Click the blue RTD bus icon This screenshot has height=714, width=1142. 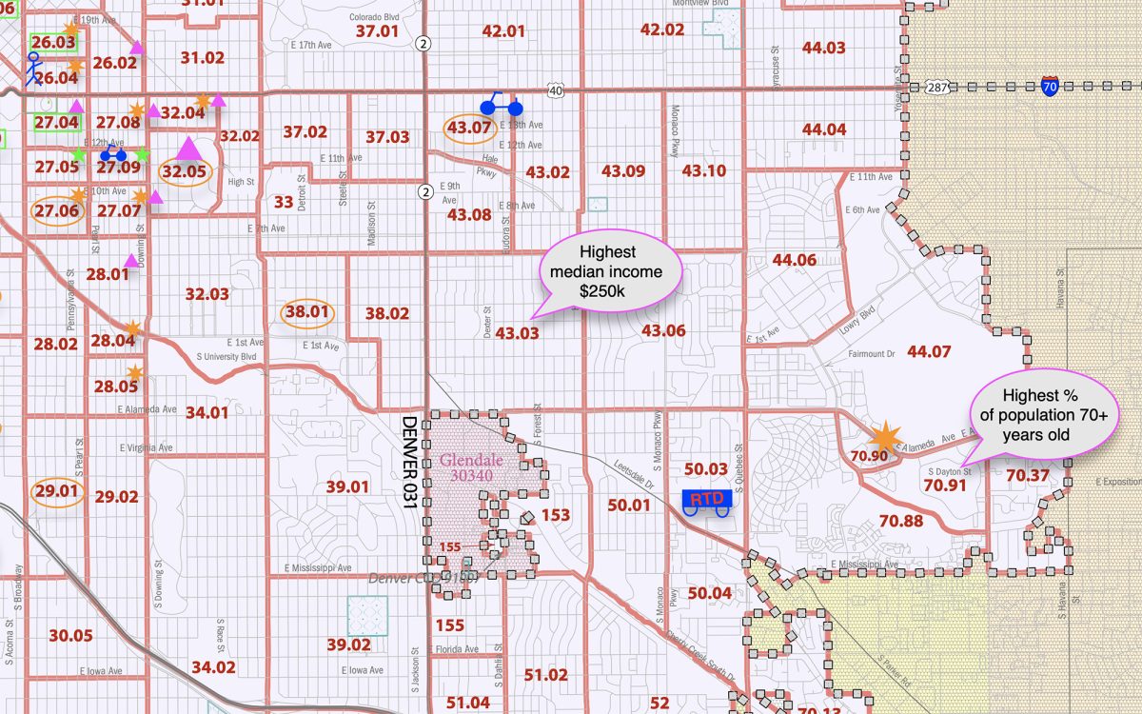click(x=705, y=501)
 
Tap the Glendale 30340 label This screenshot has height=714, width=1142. click(x=471, y=467)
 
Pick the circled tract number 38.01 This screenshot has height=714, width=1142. click(x=306, y=311)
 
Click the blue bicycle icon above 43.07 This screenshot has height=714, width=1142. click(x=500, y=104)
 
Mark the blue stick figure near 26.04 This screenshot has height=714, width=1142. click(x=33, y=69)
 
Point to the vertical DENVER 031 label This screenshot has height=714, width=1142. click(x=410, y=461)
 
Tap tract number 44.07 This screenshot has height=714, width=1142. click(x=929, y=351)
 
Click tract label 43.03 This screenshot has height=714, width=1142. click(x=517, y=333)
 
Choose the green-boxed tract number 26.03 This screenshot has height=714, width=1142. click(x=52, y=42)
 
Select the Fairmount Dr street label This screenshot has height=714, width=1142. click(x=872, y=353)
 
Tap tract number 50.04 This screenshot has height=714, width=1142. click(x=709, y=593)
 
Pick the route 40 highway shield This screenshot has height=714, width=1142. click(x=556, y=90)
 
